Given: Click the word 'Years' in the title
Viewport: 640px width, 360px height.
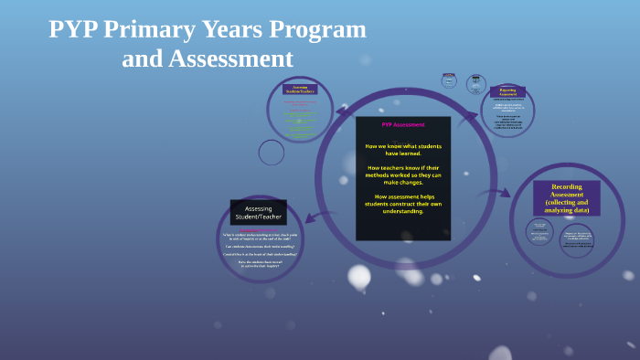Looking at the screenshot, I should [x=230, y=29].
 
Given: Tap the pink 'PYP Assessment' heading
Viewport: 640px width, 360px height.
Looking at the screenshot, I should [x=402, y=124].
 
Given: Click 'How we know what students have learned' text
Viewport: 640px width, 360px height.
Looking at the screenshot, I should [x=402, y=150].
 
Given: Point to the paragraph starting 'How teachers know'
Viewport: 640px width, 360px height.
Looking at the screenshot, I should [x=402, y=175].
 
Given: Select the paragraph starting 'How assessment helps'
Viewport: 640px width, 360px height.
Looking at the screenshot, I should [x=402, y=204].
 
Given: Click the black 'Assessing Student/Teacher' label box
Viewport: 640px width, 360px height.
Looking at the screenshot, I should [x=258, y=212].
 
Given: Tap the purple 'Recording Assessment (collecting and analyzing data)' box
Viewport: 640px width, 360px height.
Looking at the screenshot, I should [x=566, y=198].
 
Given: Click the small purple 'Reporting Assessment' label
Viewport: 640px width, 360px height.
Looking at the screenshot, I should [x=507, y=91].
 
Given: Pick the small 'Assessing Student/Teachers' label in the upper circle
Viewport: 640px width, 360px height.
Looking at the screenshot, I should [x=299, y=89].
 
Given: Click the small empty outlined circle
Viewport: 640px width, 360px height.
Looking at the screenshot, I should [x=272, y=153].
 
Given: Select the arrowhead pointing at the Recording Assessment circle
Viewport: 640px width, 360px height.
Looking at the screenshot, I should [x=505, y=194].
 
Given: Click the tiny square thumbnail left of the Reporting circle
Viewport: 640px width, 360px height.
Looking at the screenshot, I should [x=449, y=80].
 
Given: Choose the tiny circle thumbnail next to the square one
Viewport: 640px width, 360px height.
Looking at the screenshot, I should [x=475, y=84].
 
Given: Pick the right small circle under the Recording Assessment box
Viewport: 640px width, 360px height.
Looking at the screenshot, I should [x=576, y=239].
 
